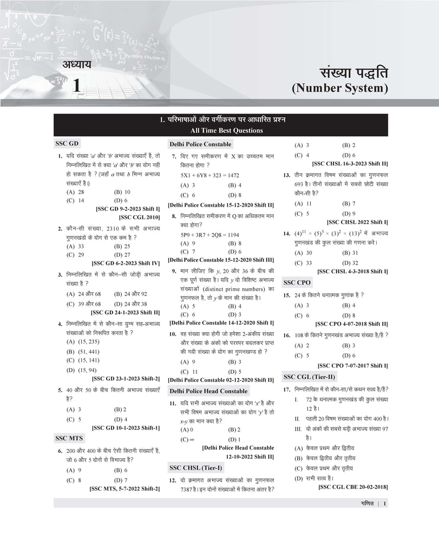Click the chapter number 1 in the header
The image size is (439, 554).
pos(77,86)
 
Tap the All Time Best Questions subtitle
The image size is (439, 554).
pos(219,130)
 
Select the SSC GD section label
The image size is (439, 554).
pos(67,144)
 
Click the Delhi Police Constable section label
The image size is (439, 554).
pos(200,144)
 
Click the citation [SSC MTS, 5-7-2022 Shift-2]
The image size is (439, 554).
pos(124,489)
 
